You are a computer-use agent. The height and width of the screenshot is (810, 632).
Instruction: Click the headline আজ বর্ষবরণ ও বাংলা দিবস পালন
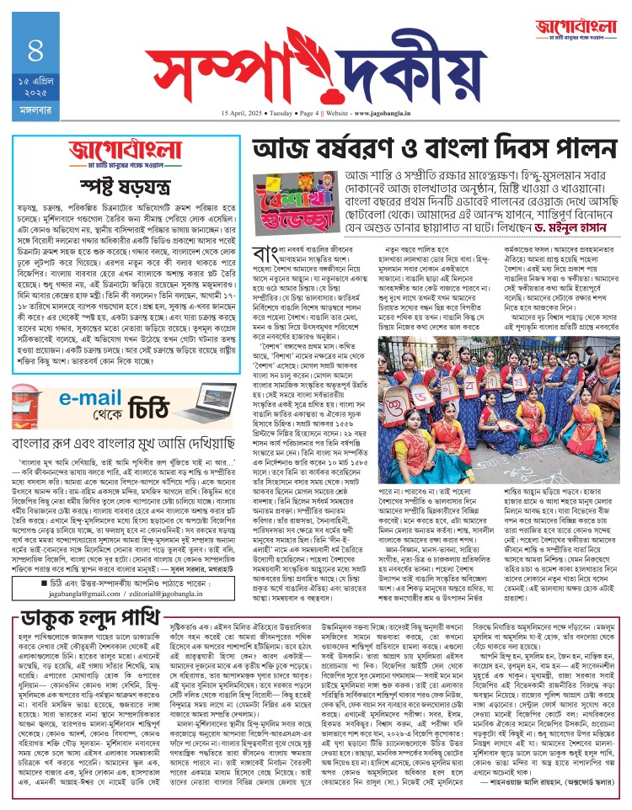426,152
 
